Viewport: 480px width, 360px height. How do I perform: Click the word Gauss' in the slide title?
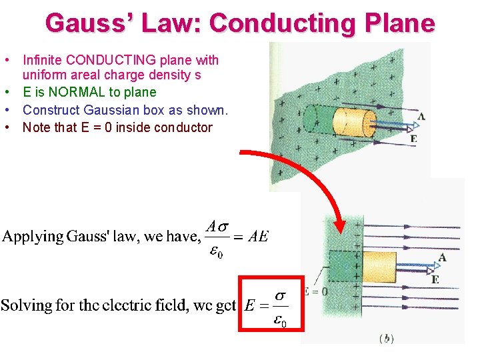[x=86, y=23]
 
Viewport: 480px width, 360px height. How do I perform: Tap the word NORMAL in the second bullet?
[x=65, y=92]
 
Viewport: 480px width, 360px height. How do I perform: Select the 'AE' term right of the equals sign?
[x=258, y=237]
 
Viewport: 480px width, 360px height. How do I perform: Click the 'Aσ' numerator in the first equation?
[x=217, y=226]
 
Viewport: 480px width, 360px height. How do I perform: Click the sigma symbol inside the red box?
[x=281, y=293]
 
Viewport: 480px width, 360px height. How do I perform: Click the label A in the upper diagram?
[x=421, y=117]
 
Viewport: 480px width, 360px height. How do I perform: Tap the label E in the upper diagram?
[x=414, y=139]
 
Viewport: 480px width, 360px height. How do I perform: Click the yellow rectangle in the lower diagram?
[x=381, y=267]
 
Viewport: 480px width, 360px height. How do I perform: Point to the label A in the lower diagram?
[x=443, y=257]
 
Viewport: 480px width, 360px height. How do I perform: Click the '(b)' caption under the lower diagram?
[x=387, y=339]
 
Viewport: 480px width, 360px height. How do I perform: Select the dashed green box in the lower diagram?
[x=345, y=267]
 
